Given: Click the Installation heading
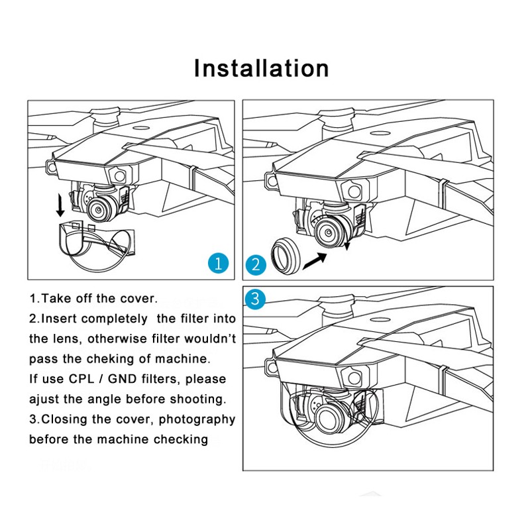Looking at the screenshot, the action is [x=261, y=69].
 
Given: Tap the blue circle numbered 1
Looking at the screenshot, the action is [x=219, y=263].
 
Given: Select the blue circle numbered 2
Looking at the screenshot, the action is [x=256, y=264].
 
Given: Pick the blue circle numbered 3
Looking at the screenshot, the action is [x=255, y=299].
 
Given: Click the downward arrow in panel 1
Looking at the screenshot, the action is [x=60, y=205].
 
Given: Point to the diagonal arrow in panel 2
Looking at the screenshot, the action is [x=315, y=261].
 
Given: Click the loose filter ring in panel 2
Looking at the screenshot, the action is [x=286, y=256].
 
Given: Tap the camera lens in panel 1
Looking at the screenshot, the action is [x=99, y=210].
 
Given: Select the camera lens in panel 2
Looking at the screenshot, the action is [x=328, y=233].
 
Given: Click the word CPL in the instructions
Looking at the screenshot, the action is [x=81, y=379].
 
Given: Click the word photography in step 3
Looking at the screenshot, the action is [x=197, y=420].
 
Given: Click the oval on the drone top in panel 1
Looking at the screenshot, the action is [x=141, y=129].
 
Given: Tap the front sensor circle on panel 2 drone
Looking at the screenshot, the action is [x=354, y=191].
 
